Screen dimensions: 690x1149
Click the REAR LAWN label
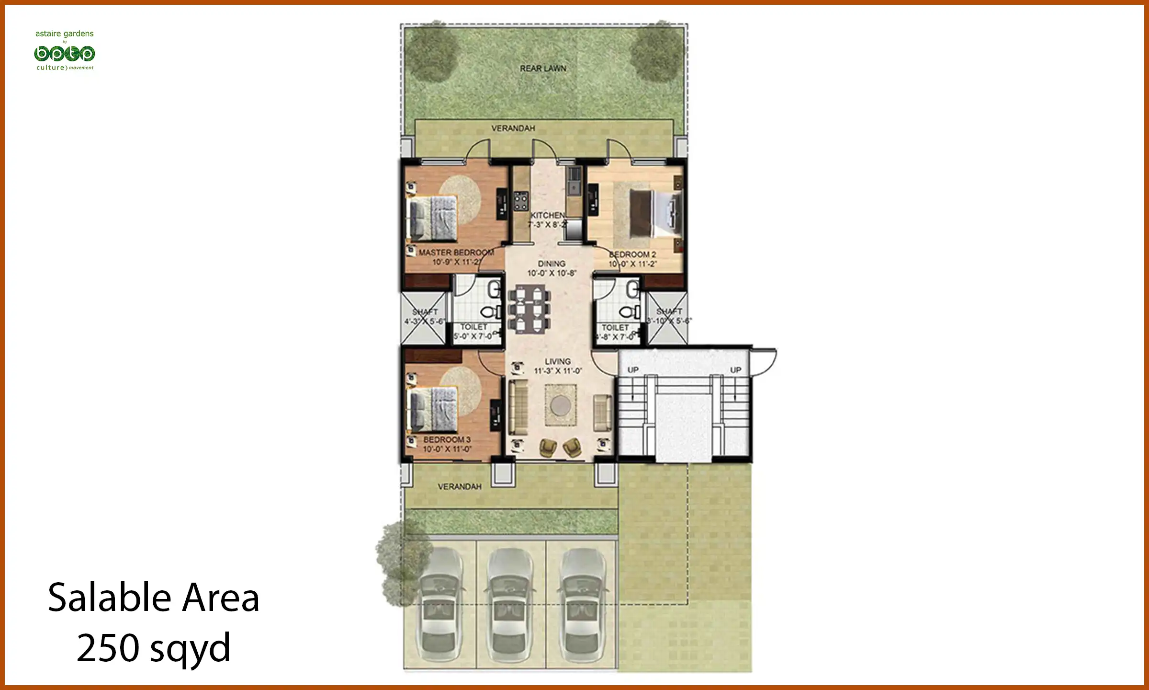[x=543, y=69]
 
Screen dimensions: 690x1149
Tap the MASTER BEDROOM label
[x=456, y=253]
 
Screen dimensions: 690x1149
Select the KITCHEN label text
[x=547, y=216]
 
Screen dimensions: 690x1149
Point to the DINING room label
[x=552, y=264]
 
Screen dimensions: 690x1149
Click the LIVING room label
[x=558, y=362]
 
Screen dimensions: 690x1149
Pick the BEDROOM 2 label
[x=632, y=254]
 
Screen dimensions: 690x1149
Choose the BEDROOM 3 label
[x=447, y=439]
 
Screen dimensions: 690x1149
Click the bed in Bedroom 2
[x=654, y=214]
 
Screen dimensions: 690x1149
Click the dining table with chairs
[x=529, y=310]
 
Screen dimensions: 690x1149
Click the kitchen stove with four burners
[x=521, y=201]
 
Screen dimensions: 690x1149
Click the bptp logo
[x=65, y=54]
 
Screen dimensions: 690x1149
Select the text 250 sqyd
[x=153, y=648]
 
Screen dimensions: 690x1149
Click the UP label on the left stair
[x=633, y=370]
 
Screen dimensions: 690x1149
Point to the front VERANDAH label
[x=460, y=487]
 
